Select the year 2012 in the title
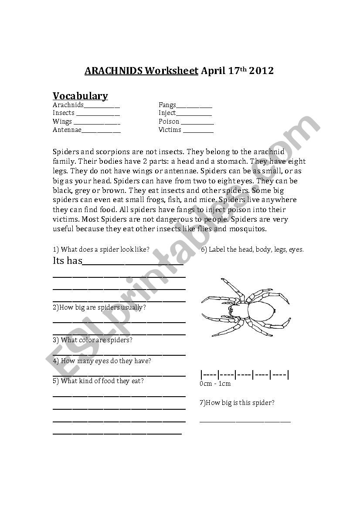point(261,71)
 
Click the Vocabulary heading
point(80,96)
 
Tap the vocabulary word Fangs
point(167,105)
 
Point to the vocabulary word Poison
point(169,121)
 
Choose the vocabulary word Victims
point(170,130)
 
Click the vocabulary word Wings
point(62,121)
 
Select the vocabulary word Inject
point(167,113)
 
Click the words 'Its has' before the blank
point(67,261)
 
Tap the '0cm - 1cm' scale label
point(215,384)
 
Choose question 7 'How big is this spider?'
point(237,403)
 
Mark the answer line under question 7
point(245,421)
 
